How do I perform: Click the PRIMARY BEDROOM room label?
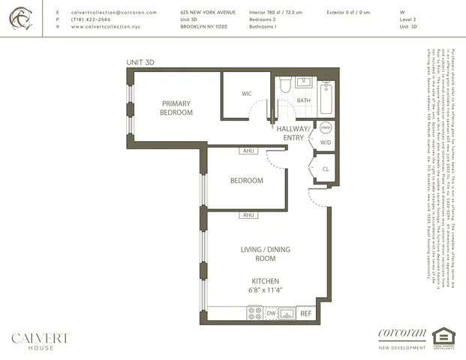(x=176, y=108)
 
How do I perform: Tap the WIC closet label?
(x=246, y=94)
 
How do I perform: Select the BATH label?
(x=303, y=100)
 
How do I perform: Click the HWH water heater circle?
(x=326, y=127)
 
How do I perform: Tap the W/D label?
(x=326, y=142)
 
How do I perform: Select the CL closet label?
(x=325, y=169)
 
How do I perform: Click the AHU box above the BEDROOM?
(x=248, y=151)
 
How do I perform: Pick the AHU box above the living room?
(x=248, y=215)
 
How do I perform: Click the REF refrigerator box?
(x=306, y=313)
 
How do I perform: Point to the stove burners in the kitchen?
(x=255, y=313)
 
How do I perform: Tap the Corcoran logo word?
(x=402, y=334)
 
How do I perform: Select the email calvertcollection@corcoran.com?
(x=113, y=13)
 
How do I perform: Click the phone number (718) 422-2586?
(x=92, y=19)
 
